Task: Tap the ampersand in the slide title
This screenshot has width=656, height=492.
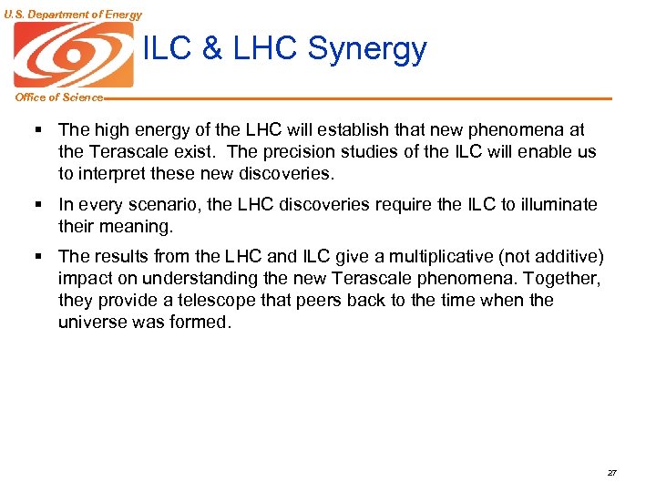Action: [212, 49]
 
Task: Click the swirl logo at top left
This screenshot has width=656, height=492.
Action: [73, 55]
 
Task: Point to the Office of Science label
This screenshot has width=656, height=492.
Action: [57, 97]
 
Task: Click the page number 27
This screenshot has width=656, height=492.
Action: [611, 473]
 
